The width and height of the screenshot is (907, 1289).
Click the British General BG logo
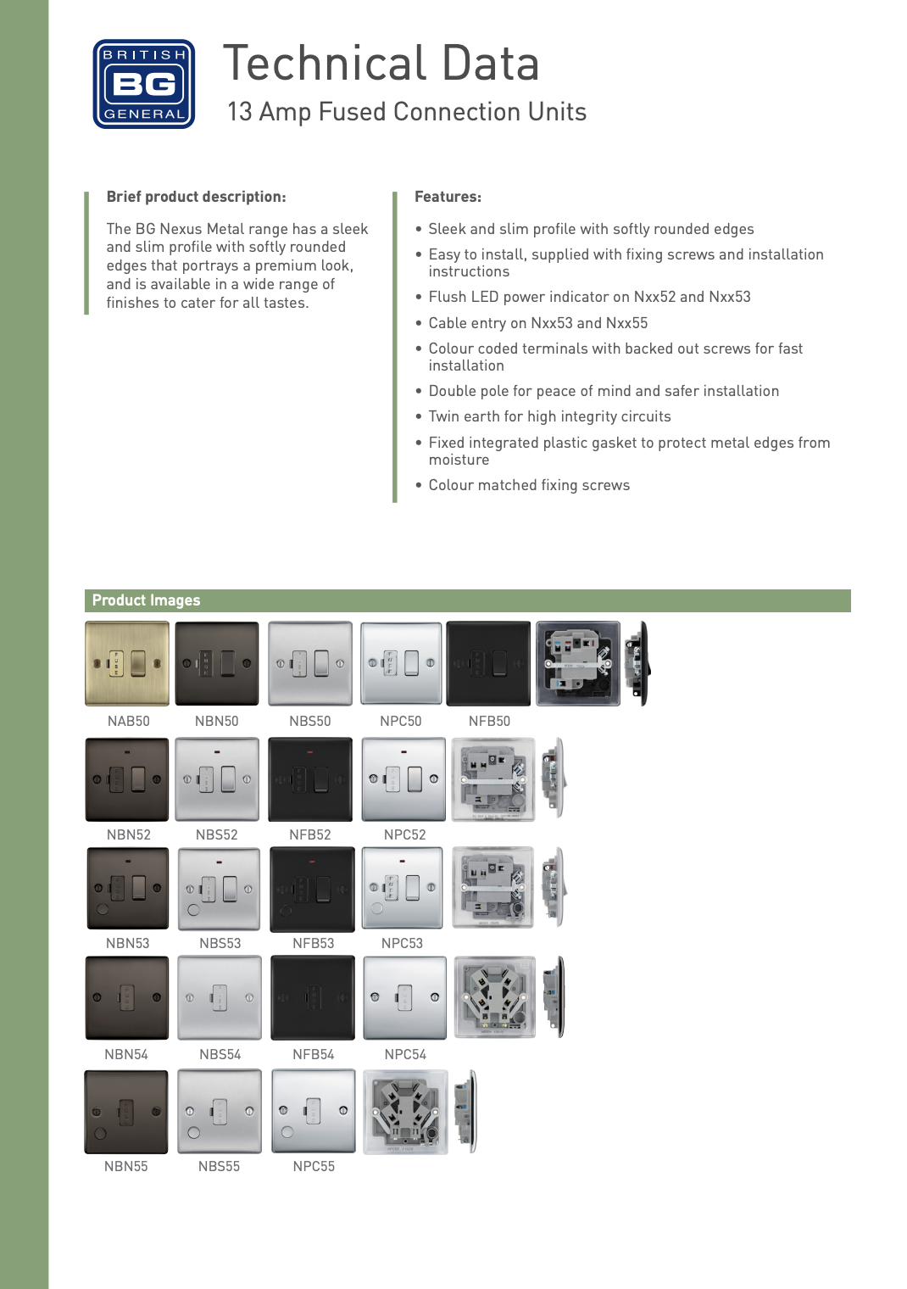(x=144, y=84)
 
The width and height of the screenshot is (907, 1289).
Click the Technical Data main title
(x=381, y=64)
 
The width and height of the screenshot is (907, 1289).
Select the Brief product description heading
(x=196, y=197)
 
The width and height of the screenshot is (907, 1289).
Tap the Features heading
(x=448, y=197)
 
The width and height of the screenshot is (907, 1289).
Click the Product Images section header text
(x=146, y=600)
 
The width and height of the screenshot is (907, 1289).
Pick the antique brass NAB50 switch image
(x=127, y=663)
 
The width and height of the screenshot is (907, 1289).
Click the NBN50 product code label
(x=216, y=721)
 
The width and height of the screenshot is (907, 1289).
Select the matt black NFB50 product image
(x=488, y=663)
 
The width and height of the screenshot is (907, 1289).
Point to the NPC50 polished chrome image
(x=402, y=663)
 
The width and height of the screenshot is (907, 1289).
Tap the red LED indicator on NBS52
(x=217, y=752)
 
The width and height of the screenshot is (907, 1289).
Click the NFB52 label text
(x=310, y=835)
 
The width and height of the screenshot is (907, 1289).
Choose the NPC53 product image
(x=403, y=888)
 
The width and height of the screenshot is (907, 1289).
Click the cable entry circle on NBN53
(x=103, y=909)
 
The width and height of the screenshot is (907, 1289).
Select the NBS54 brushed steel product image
(x=220, y=998)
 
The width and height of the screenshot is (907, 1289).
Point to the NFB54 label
(x=314, y=1055)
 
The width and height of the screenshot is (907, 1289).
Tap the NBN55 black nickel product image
(x=126, y=1112)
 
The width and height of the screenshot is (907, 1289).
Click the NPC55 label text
(x=314, y=1166)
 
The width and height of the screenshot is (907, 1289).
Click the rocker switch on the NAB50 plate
(x=138, y=663)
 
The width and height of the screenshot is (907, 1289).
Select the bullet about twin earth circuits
(x=543, y=416)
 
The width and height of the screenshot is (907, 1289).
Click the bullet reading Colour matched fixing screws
(x=523, y=485)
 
